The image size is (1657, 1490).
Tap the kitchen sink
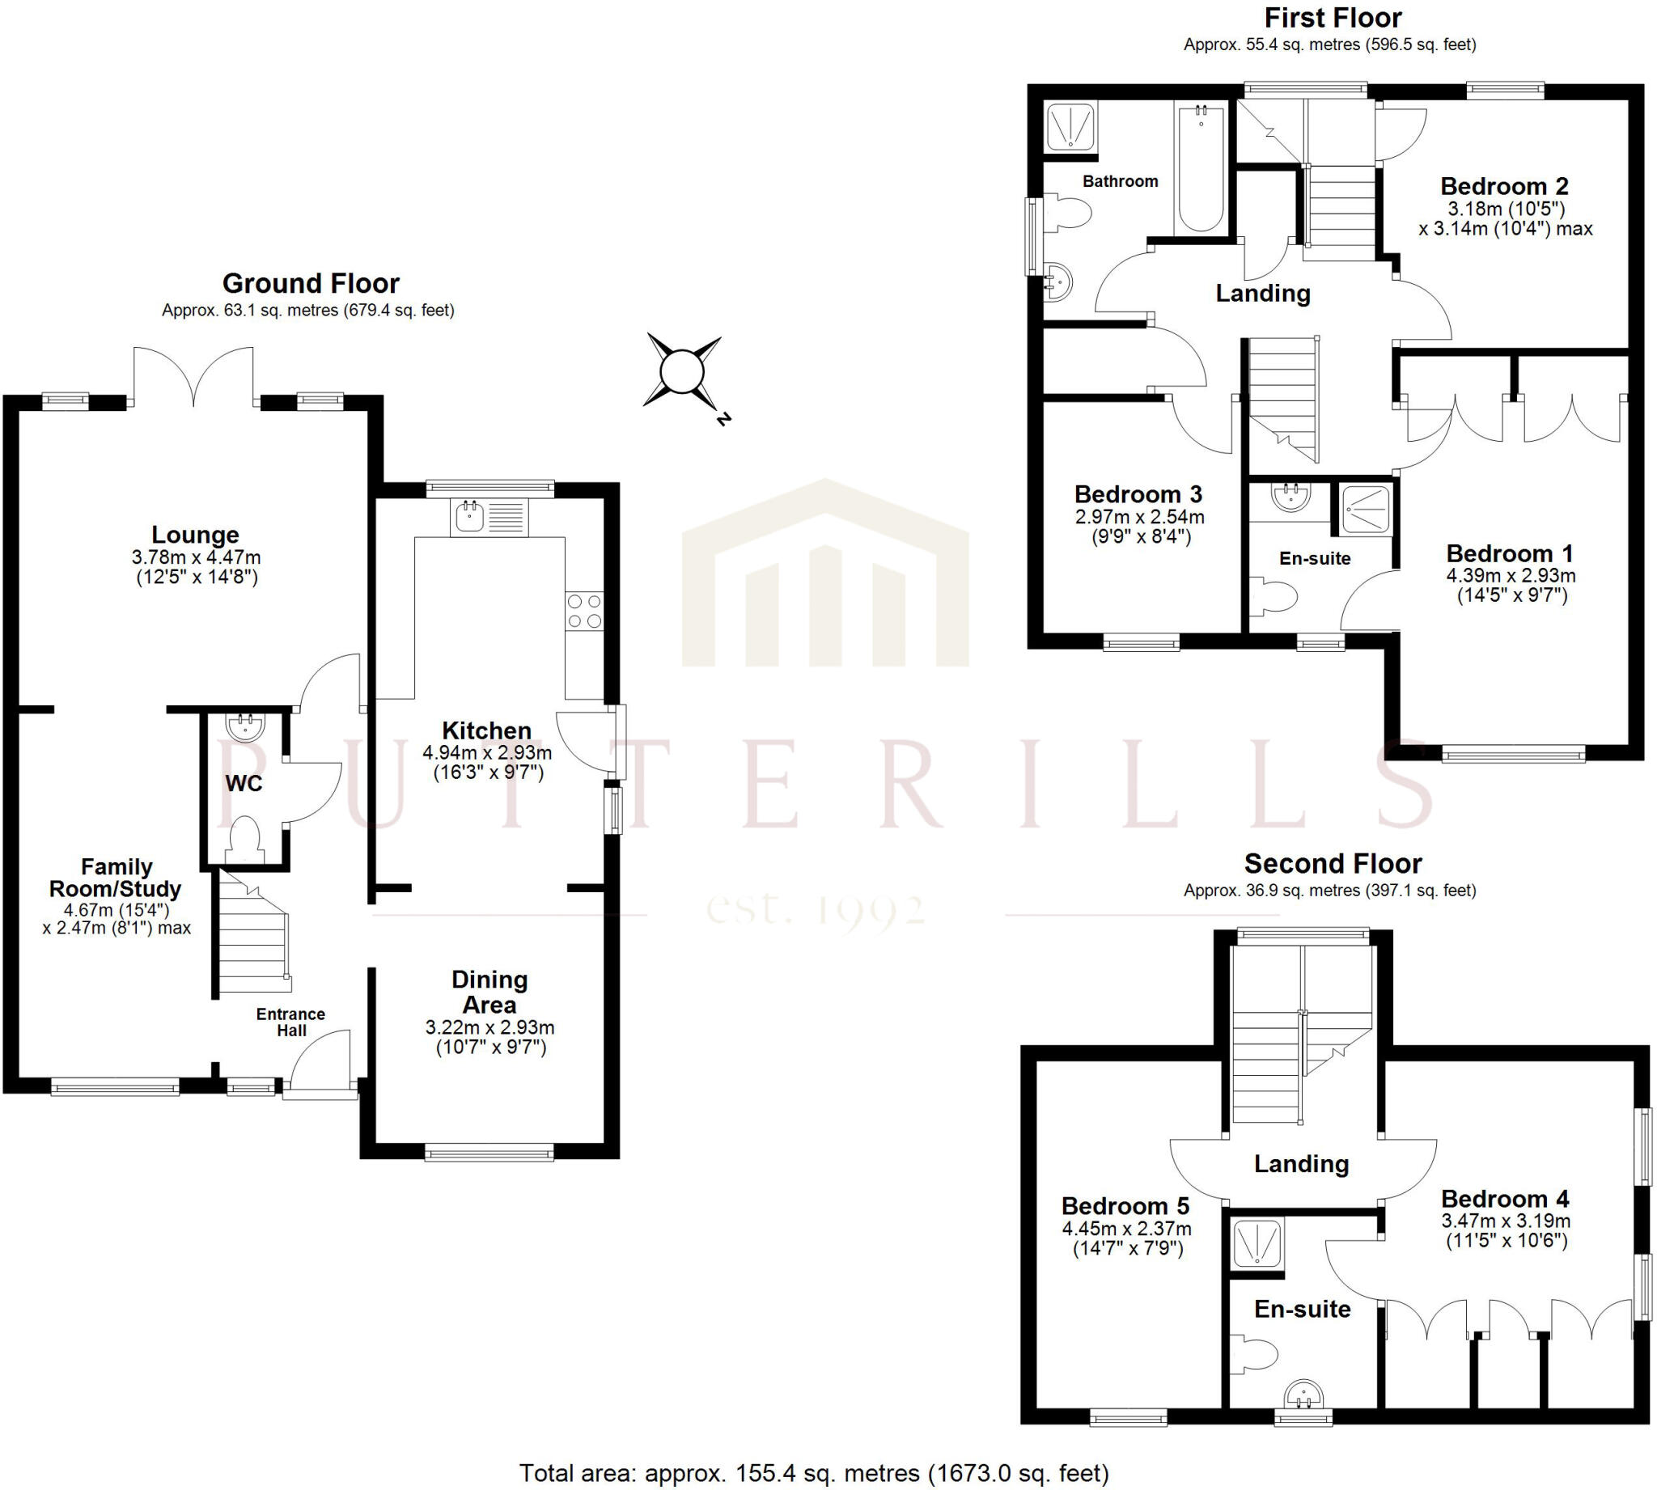[470, 517]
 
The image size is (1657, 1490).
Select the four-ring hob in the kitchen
[584, 611]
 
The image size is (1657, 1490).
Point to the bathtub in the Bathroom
[1201, 167]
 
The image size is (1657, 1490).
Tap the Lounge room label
[196, 535]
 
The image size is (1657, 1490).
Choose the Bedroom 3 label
[1138, 494]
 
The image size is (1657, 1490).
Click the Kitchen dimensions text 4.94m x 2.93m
[487, 752]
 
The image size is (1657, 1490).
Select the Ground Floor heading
[311, 283]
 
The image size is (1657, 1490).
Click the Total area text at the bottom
[814, 1474]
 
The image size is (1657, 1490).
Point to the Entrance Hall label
[290, 1022]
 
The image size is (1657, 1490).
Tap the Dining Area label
[489, 992]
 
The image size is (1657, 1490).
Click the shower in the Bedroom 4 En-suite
[1256, 1244]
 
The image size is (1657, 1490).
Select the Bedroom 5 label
[1125, 1206]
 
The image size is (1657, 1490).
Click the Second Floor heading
[1333, 864]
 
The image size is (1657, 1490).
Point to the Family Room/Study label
[116, 878]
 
